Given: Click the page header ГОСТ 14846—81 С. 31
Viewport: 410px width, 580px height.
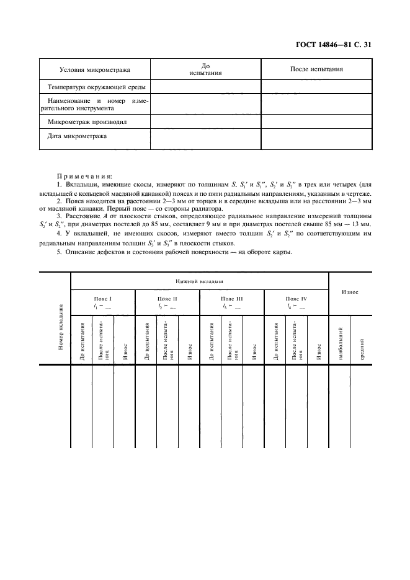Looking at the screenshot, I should pos(334,45).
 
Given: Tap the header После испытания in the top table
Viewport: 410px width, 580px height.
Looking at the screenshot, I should pos(316,69).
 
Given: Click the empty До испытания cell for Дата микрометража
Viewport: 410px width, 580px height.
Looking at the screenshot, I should pos(206,139).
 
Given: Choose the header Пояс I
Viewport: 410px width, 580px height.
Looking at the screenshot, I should pos(103,298).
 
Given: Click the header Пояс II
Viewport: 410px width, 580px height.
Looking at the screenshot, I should pos(167,298).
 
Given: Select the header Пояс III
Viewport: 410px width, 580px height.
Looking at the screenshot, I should pos(231,298).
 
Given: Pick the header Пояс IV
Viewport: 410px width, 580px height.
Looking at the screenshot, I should pos(296,298).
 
